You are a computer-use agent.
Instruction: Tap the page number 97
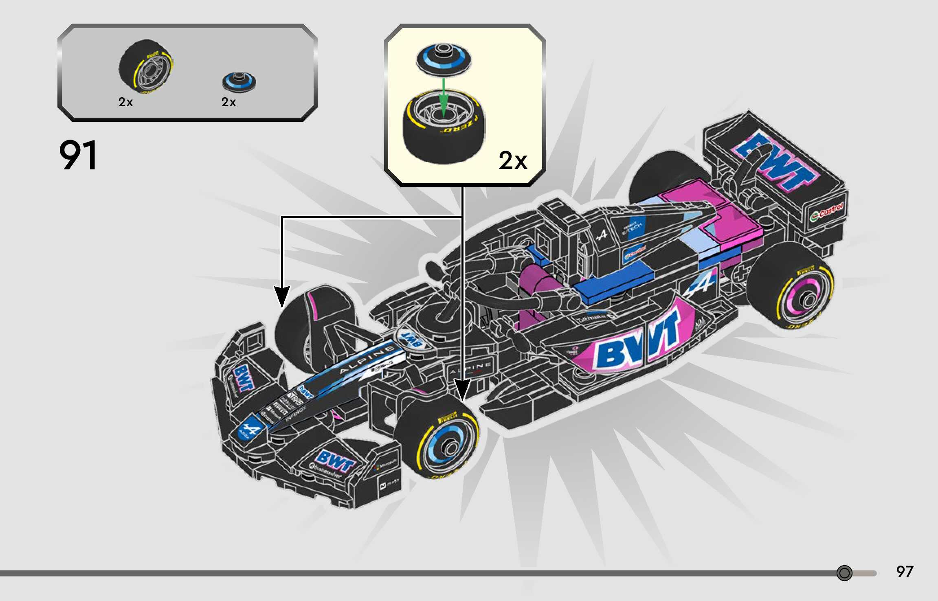coord(904,572)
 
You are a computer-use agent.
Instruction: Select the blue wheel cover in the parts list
coord(239,81)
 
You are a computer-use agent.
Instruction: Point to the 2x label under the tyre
coord(125,102)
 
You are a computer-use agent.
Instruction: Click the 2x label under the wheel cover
coord(228,102)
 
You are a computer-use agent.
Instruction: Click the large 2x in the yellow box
coord(513,160)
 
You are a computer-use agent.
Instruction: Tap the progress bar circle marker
coord(844,573)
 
